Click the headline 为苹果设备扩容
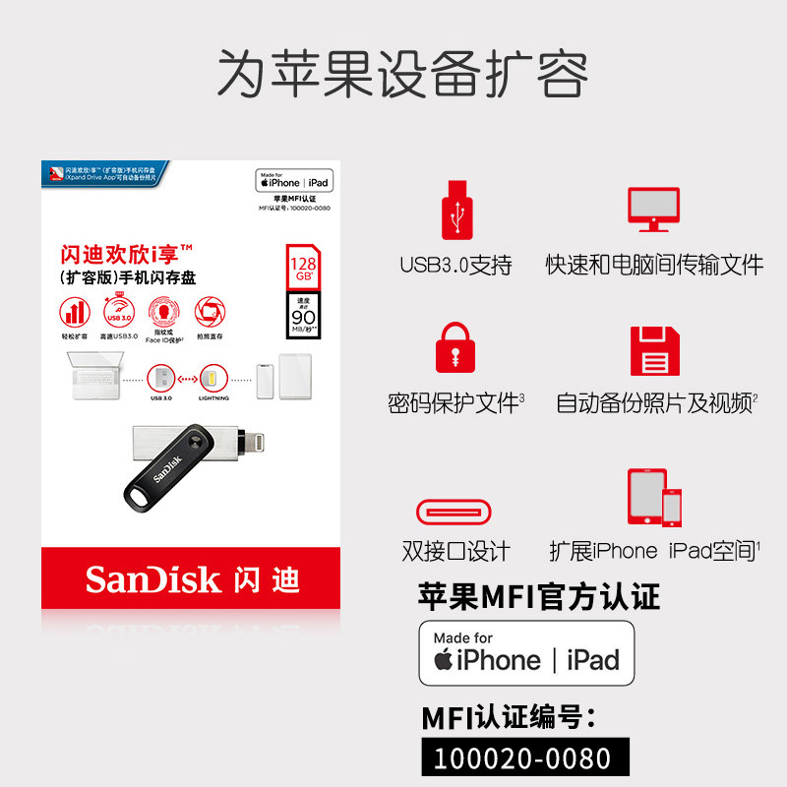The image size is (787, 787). pyautogui.click(x=402, y=71)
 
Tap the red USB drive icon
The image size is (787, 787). pyautogui.click(x=455, y=209)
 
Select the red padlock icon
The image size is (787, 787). pyautogui.click(x=454, y=349)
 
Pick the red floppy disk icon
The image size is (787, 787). pyautogui.click(x=655, y=350)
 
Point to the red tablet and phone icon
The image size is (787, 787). pyautogui.click(x=655, y=497)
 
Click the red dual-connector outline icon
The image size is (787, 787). pyautogui.click(x=454, y=512)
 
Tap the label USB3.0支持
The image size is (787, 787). pyautogui.click(x=455, y=265)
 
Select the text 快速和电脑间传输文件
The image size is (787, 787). pyautogui.click(x=655, y=265)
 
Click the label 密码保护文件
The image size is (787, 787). pyautogui.click(x=454, y=403)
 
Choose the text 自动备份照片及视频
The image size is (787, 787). pyautogui.click(x=653, y=403)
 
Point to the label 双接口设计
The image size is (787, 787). pyautogui.click(x=455, y=551)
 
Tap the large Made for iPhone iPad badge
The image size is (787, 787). pyautogui.click(x=526, y=652)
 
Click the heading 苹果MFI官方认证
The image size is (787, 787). pyautogui.click(x=539, y=596)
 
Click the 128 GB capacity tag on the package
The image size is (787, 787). pyautogui.click(x=300, y=267)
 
